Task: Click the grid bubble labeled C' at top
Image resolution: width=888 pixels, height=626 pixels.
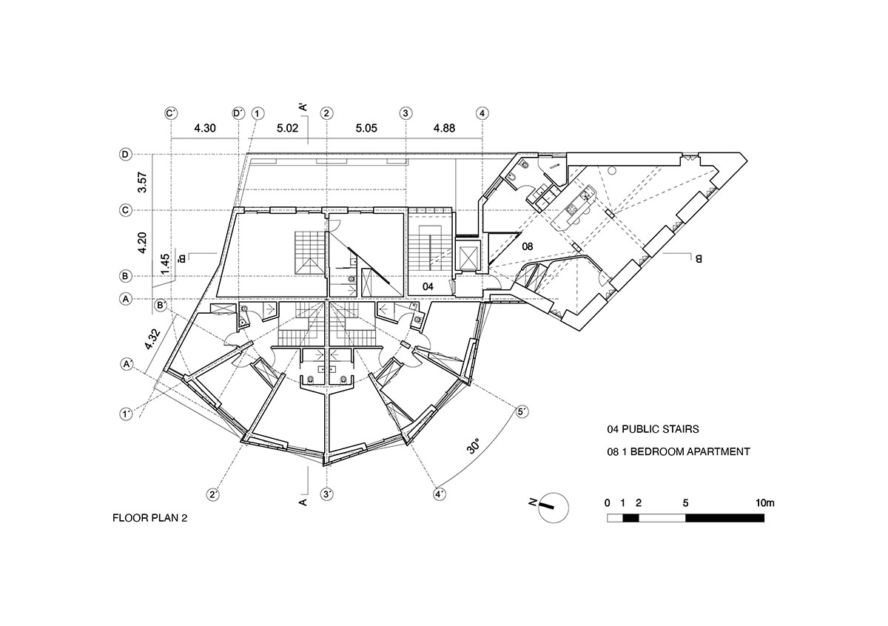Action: tap(171, 113)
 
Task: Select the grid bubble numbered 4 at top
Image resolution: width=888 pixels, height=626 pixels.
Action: tap(482, 113)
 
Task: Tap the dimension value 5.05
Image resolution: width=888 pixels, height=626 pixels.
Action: tap(366, 128)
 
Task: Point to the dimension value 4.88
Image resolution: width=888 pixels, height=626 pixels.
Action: tap(443, 128)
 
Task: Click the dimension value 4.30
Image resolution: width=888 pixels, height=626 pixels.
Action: tap(204, 128)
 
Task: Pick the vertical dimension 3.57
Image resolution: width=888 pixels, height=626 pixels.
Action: tap(143, 182)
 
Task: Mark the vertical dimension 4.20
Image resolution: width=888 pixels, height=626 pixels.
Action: tap(143, 243)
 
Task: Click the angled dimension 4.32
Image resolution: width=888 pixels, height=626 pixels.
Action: tap(152, 337)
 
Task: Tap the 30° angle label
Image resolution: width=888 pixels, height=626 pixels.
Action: tap(474, 447)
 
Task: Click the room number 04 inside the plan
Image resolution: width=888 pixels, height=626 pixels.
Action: tap(428, 286)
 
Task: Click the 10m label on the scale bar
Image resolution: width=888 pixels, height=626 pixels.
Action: tap(764, 503)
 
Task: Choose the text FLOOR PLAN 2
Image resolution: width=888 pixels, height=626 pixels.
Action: tap(150, 519)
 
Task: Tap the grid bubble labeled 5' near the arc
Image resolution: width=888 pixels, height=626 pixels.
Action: tap(522, 411)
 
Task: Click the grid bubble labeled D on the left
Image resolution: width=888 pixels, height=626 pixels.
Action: tap(126, 155)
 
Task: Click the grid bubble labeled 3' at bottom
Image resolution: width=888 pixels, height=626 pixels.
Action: tap(326, 494)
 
